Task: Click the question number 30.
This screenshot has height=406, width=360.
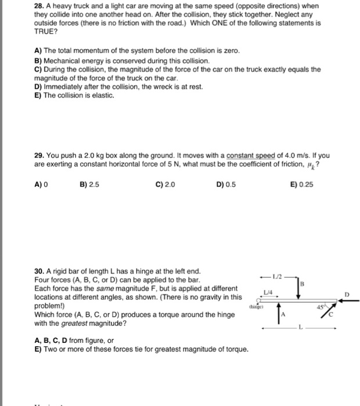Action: point(38,271)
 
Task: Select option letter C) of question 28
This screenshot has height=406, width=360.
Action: point(38,69)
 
